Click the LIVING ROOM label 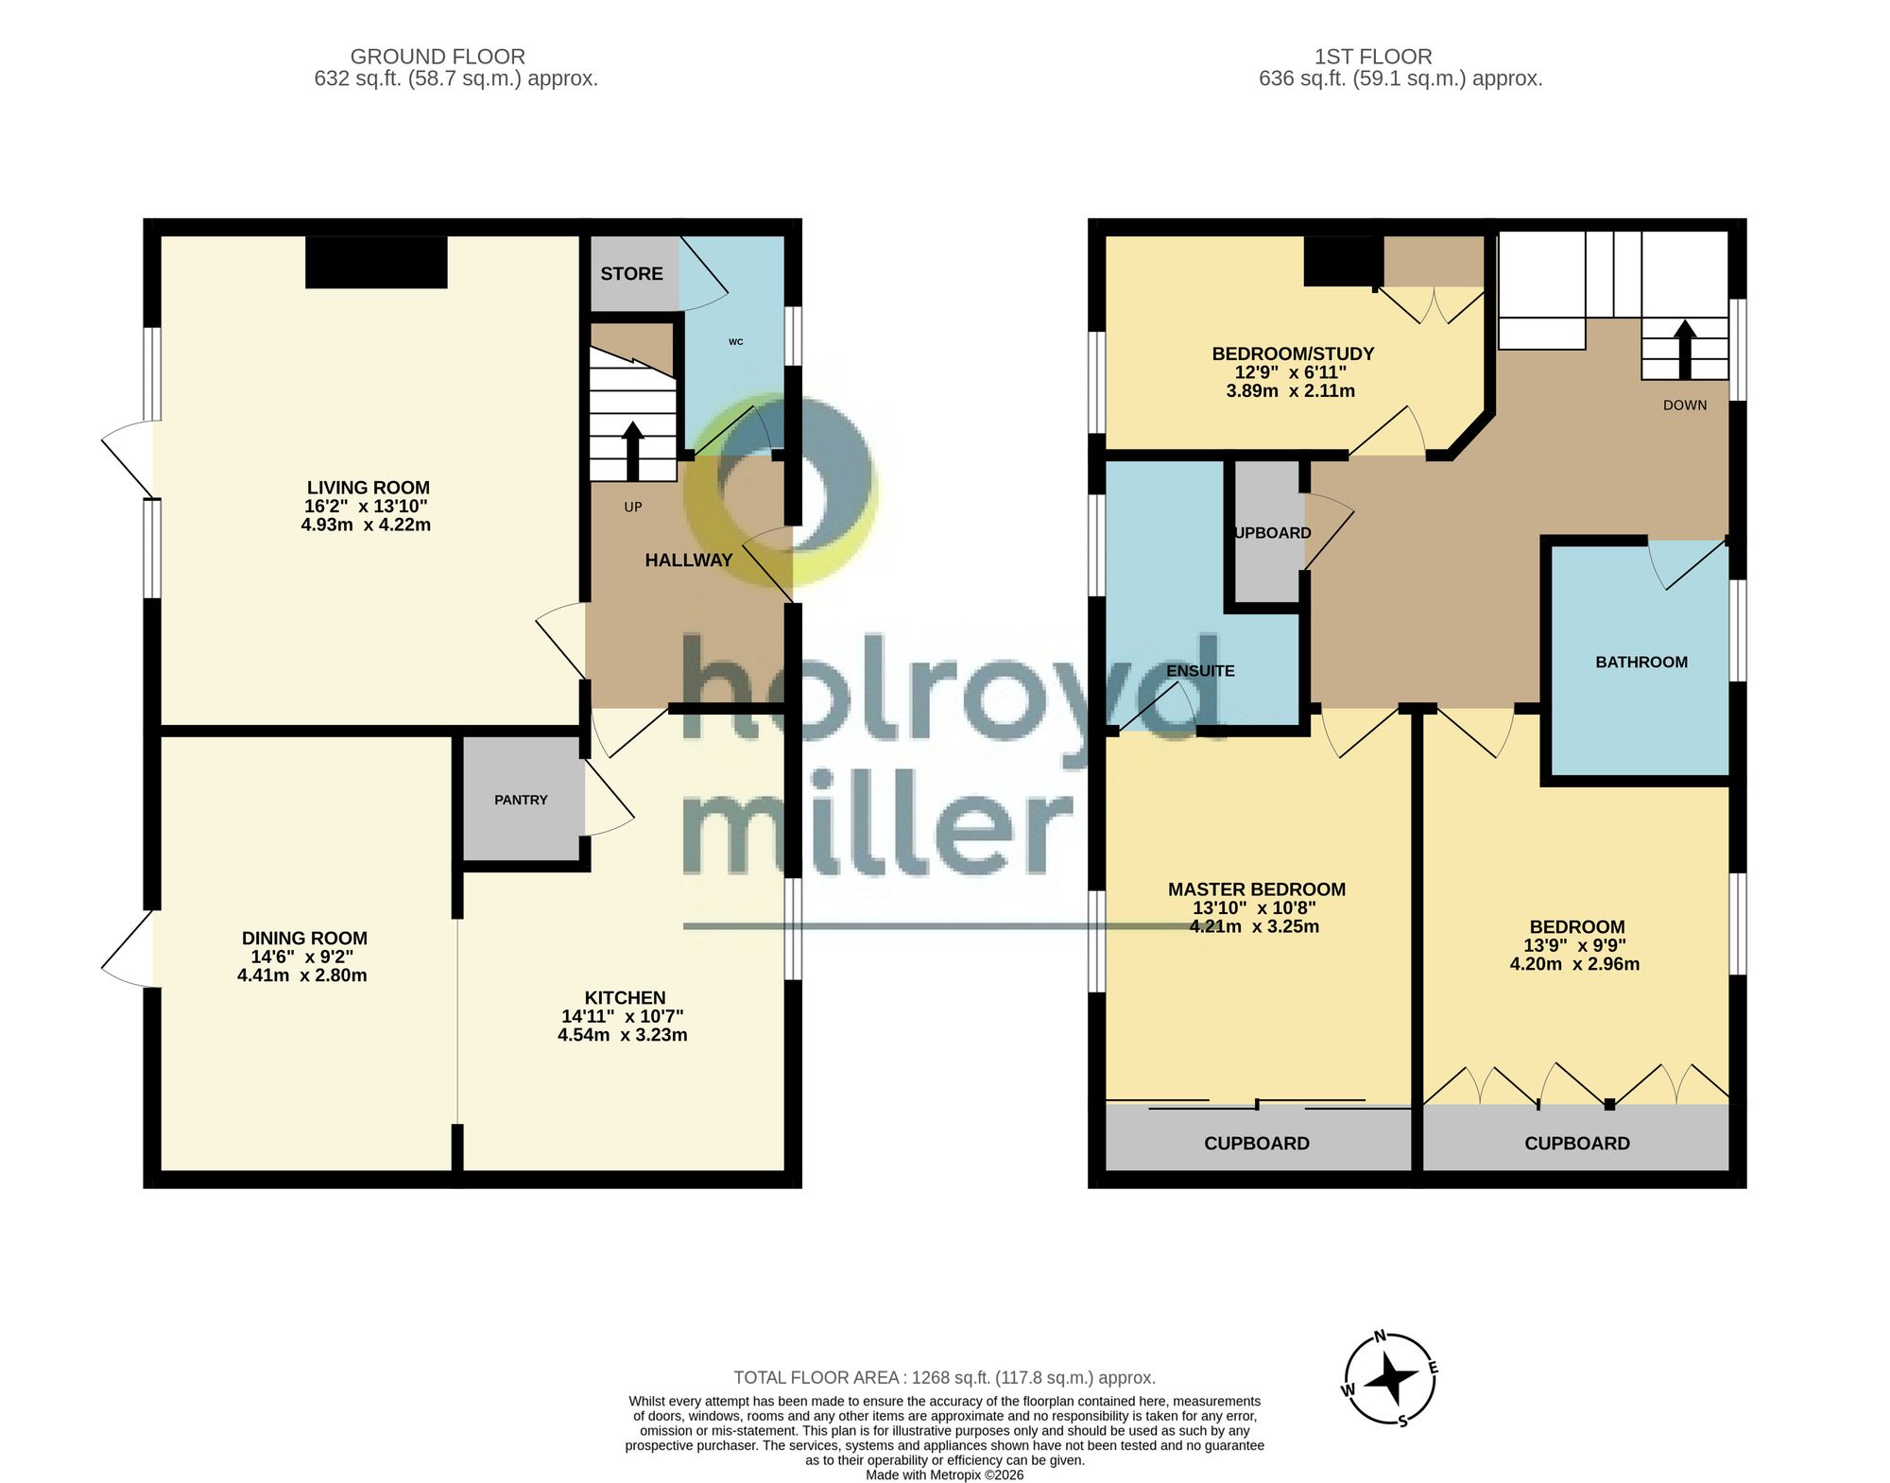click(368, 488)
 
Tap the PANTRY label click(521, 800)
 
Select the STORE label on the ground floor click(631, 274)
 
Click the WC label click(736, 342)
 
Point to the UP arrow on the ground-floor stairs click(633, 451)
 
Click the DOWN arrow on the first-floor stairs click(1685, 349)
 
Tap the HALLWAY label click(689, 560)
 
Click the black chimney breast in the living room click(376, 262)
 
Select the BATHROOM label click(1641, 663)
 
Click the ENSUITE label click(1200, 671)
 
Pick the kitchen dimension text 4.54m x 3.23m click(623, 1035)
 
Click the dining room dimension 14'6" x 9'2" click(302, 957)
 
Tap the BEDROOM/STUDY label click(1293, 354)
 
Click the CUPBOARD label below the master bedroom click(1257, 1144)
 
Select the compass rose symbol click(1390, 1379)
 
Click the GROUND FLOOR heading click(438, 57)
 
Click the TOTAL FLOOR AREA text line click(945, 1378)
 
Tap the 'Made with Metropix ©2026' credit click(945, 1474)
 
